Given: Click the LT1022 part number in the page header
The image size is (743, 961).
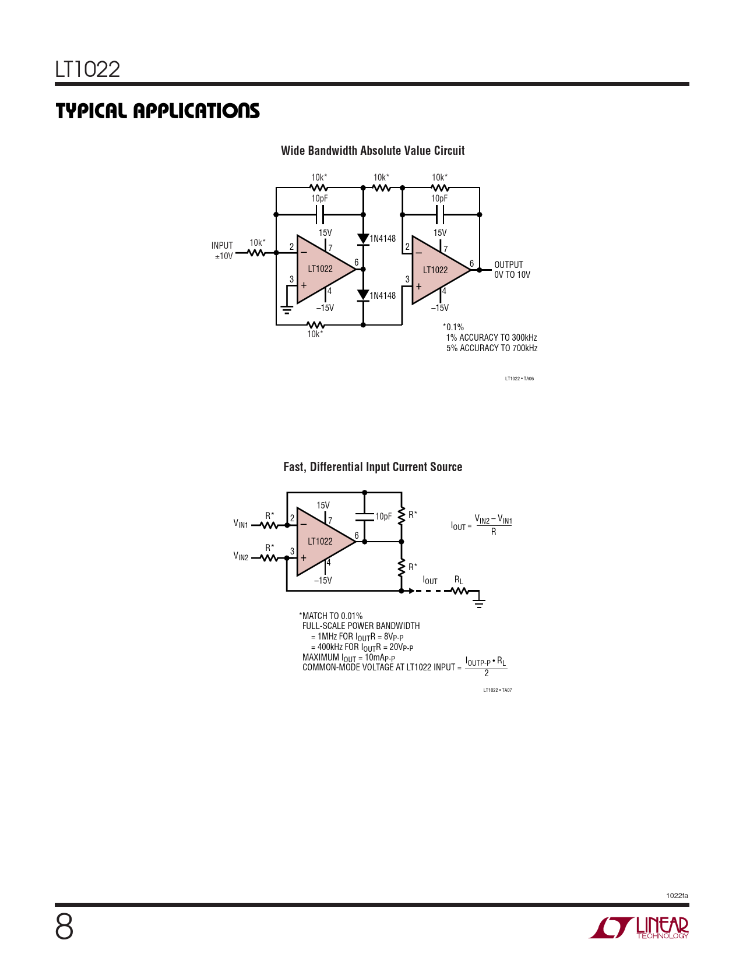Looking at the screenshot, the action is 87,69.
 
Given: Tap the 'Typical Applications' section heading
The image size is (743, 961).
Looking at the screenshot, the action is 157,111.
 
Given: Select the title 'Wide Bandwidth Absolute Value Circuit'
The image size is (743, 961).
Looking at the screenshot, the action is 372,151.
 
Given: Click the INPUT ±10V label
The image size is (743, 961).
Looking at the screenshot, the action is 222,251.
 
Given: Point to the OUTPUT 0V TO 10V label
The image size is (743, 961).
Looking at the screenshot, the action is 512,269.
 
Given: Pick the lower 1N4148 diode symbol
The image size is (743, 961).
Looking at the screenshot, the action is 363,295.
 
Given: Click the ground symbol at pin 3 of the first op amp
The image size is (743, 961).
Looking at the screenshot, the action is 287,310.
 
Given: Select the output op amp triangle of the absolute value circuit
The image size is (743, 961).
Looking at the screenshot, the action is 441,270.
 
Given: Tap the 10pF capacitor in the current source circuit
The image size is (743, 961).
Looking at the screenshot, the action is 365,517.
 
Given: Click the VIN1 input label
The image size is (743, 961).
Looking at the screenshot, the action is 241,524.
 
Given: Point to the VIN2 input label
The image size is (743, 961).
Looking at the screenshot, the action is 241,556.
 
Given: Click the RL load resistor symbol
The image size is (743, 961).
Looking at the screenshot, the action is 460,591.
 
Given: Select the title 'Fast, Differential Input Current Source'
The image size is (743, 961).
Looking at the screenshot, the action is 372,467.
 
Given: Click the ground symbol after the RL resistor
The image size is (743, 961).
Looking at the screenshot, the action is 479,603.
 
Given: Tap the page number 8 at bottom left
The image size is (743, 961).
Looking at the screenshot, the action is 64,927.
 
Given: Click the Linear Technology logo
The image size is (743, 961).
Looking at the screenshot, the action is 639,927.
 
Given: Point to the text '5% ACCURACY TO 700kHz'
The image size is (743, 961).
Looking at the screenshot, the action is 492,348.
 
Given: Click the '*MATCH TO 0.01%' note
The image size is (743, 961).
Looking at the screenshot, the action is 330,616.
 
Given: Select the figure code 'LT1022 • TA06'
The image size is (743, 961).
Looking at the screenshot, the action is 519,379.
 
